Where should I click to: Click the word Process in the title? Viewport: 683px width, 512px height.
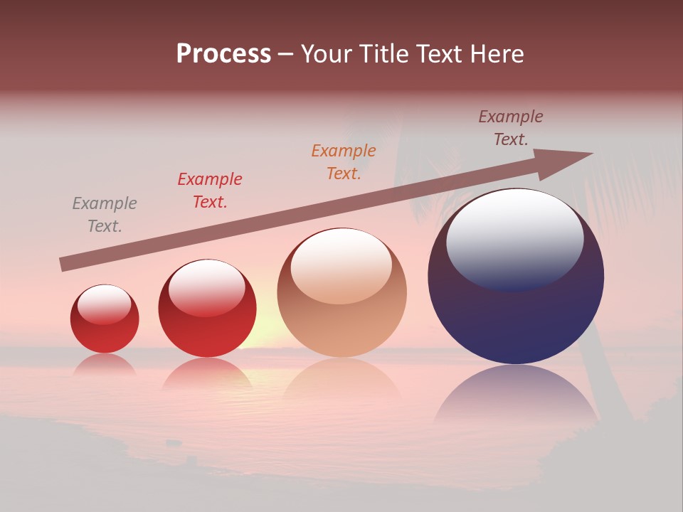coord(223,54)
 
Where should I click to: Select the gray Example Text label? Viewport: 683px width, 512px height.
coord(104,215)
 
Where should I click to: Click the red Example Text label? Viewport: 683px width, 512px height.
coord(210,191)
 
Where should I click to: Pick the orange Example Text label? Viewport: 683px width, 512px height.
coord(344,162)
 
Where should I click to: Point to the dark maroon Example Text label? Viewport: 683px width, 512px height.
coord(511,128)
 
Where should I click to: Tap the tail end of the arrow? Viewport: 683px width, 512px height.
coord(64,265)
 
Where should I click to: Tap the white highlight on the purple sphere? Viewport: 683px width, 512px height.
coord(514,238)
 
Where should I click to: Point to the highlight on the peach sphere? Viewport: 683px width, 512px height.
coord(341,265)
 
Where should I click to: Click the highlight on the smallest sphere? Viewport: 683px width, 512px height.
coord(105,304)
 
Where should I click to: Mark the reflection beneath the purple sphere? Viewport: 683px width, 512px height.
coord(516,395)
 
